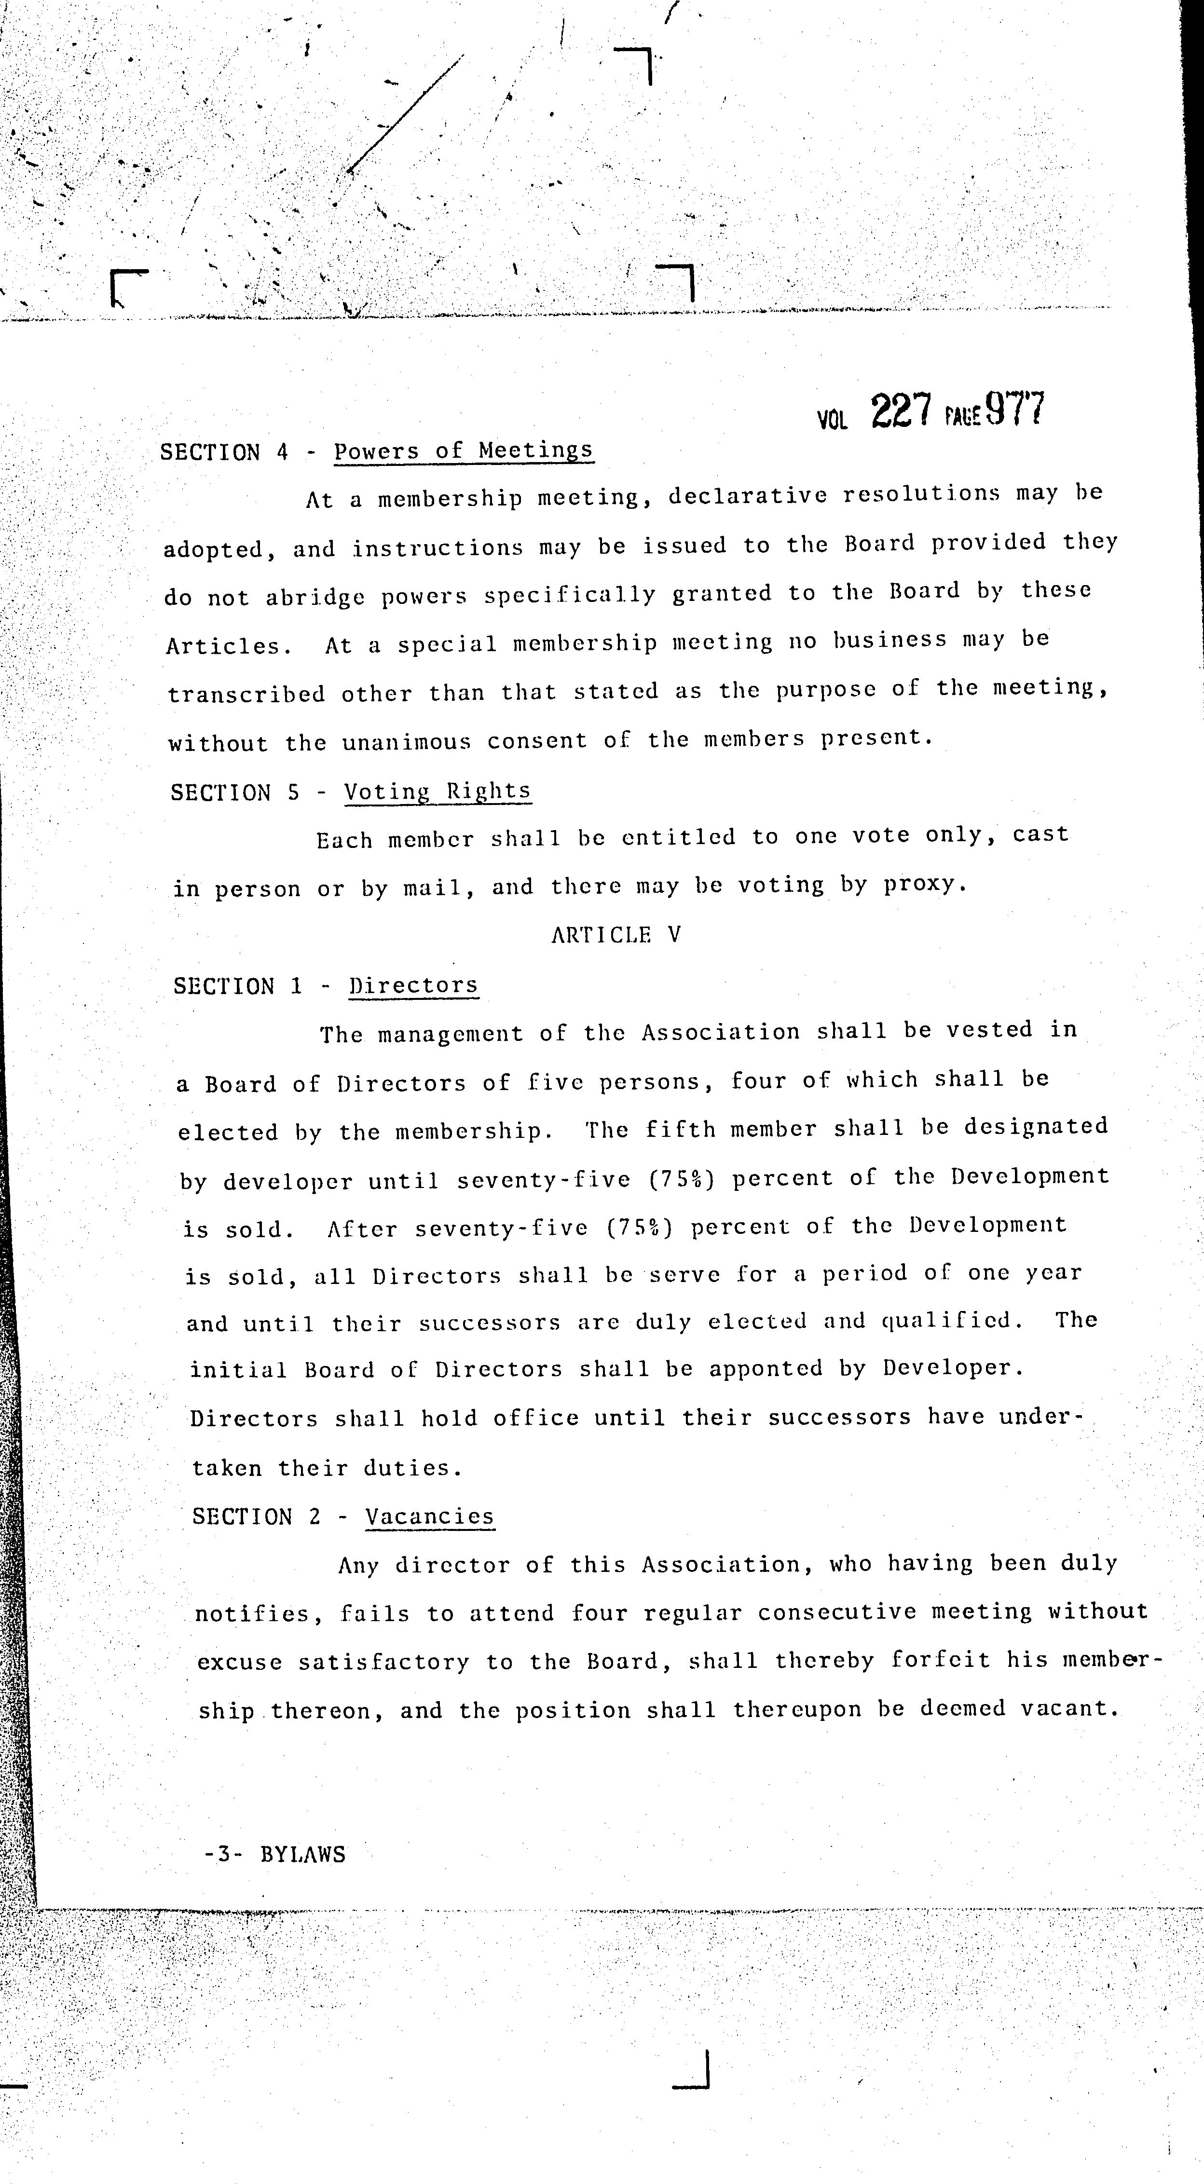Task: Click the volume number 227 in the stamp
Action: tap(901, 413)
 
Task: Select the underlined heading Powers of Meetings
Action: tap(463, 450)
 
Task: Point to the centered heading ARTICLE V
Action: tap(616, 935)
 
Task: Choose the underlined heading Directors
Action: tap(414, 985)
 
